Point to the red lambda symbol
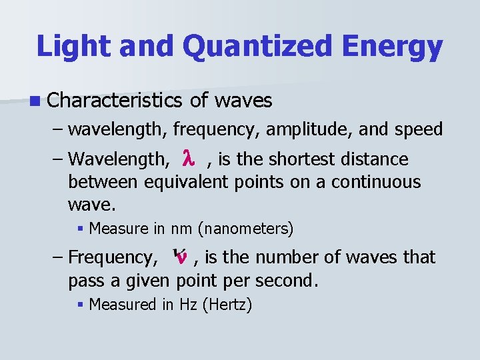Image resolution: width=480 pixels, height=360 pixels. click(x=188, y=159)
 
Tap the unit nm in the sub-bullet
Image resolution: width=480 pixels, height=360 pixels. click(x=181, y=229)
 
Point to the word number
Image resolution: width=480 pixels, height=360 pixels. click(x=301, y=257)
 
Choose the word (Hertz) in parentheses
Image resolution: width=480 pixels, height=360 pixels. click(x=227, y=305)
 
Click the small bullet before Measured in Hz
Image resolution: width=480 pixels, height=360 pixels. click(x=81, y=305)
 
